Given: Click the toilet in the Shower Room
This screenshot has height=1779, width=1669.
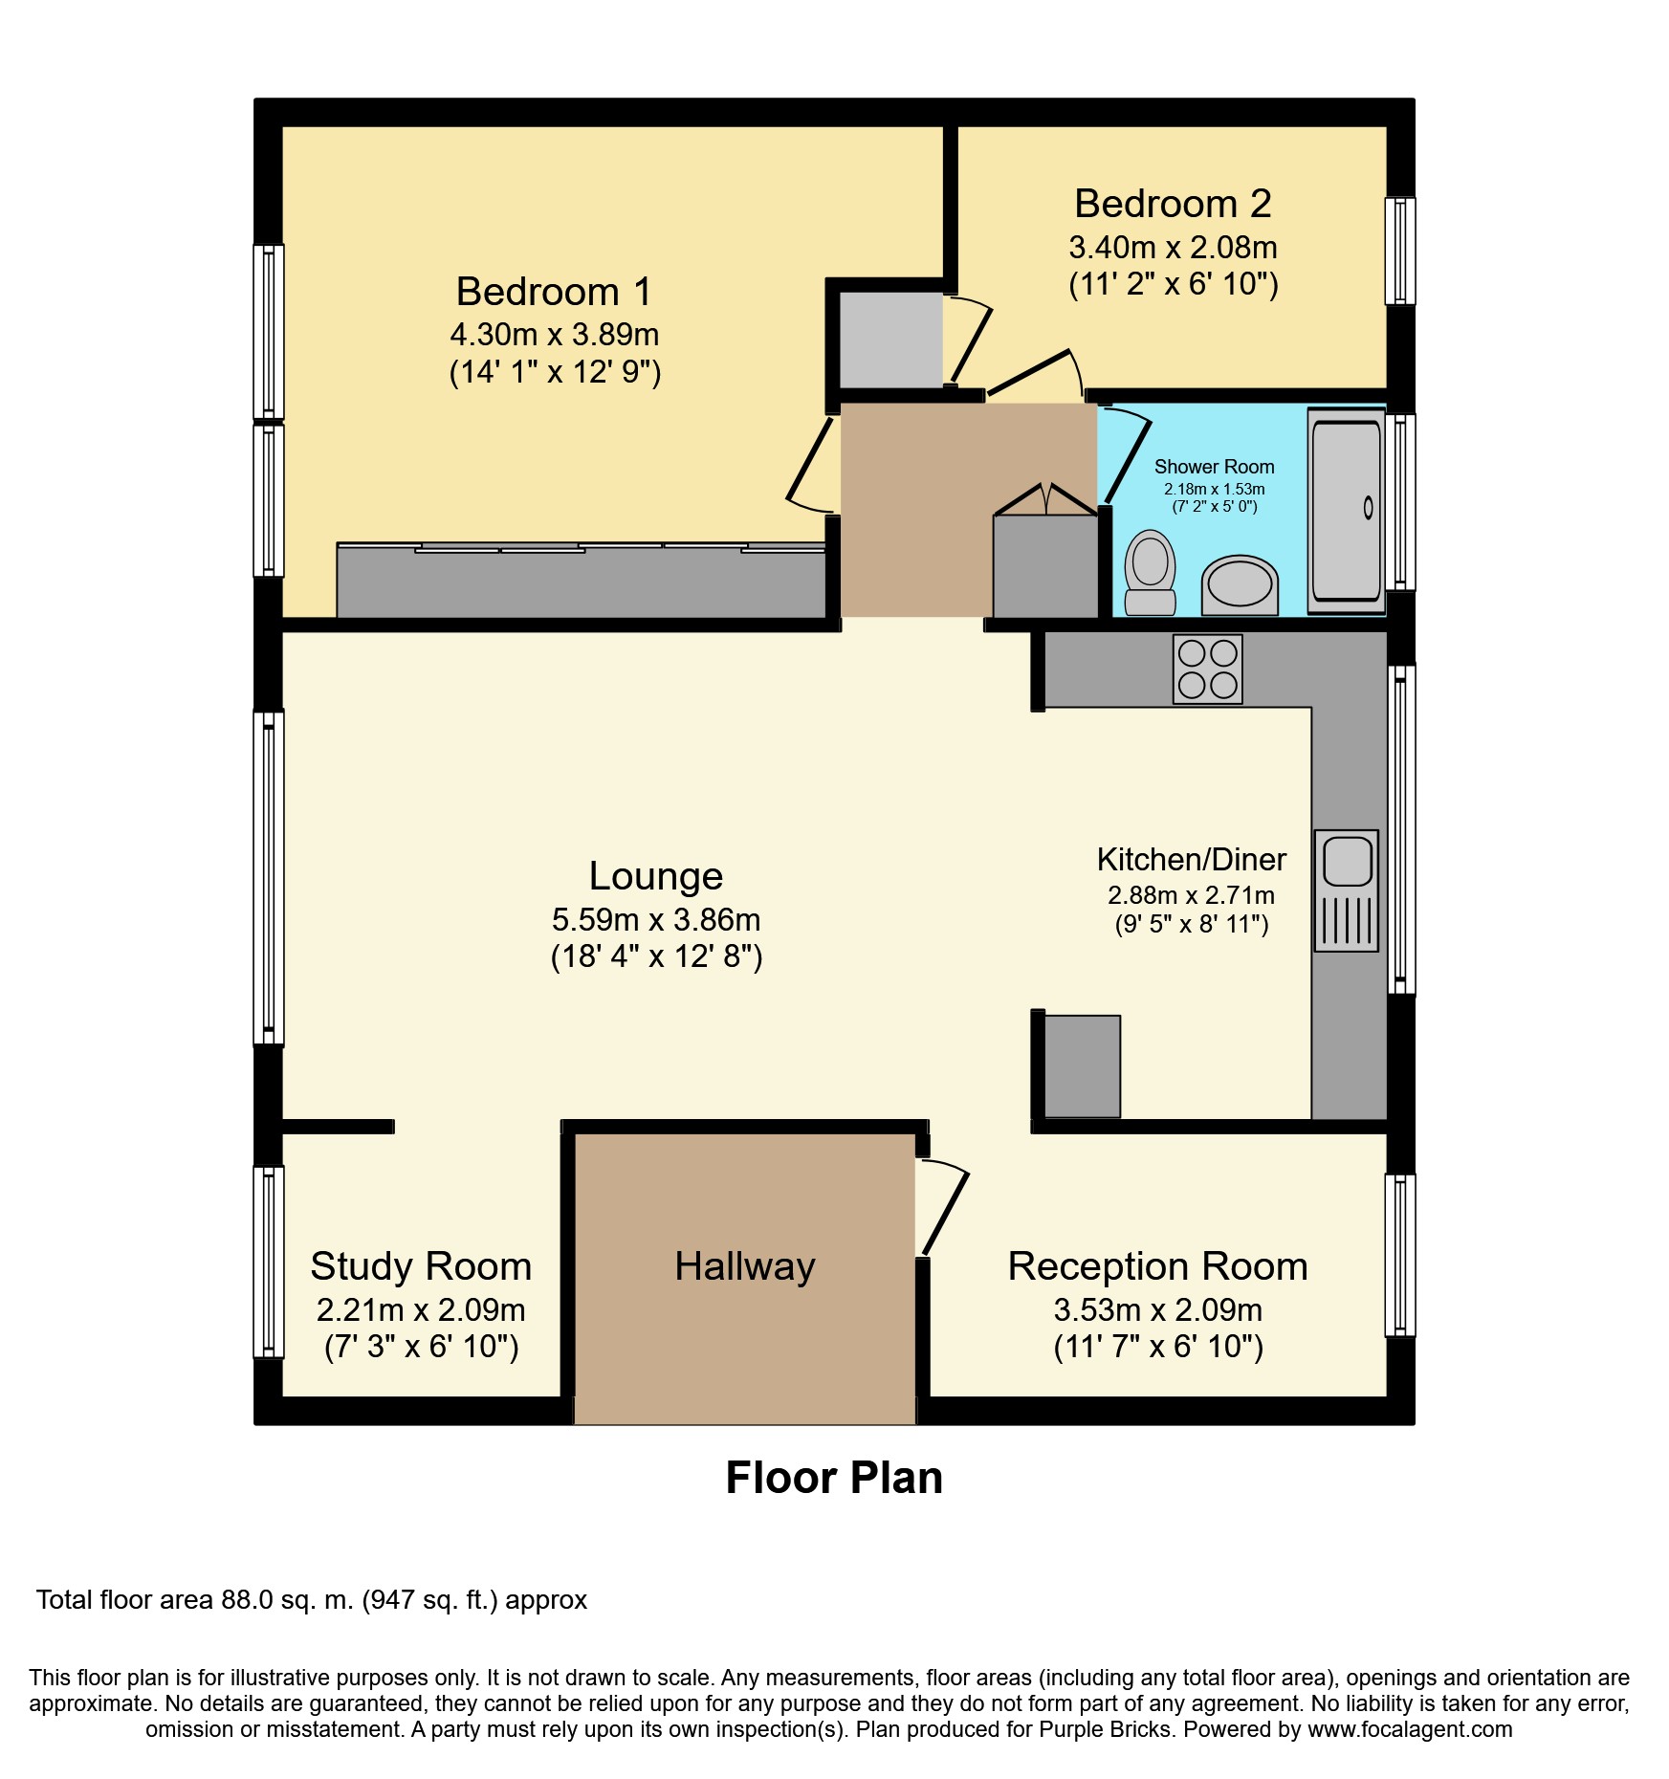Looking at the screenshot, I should pyautogui.click(x=1150, y=572).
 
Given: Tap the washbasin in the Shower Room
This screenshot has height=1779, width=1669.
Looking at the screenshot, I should pyautogui.click(x=1240, y=584).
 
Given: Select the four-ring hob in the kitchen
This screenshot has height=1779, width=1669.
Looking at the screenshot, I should pyautogui.click(x=1207, y=670).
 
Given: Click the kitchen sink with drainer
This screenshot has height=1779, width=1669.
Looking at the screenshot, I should pyautogui.click(x=1347, y=889).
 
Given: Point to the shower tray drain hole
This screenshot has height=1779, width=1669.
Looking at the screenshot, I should pyautogui.click(x=1368, y=508).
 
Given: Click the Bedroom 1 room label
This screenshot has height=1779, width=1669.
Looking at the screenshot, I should pyautogui.click(x=554, y=292).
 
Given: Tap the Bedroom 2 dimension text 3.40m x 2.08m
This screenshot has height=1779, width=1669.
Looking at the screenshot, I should pyautogui.click(x=1173, y=248).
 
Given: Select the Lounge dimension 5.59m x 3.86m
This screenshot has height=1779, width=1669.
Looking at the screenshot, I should pyautogui.click(x=656, y=920).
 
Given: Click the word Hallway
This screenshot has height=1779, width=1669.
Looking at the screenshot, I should pyautogui.click(x=744, y=1266).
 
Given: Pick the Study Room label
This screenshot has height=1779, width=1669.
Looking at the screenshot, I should pyautogui.click(x=421, y=1266).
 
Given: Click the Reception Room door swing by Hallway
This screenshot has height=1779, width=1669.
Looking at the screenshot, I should pyautogui.click(x=943, y=1207).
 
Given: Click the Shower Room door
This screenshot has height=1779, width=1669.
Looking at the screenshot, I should pyautogui.click(x=1127, y=453).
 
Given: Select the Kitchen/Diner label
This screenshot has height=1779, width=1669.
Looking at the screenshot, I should pyautogui.click(x=1191, y=859).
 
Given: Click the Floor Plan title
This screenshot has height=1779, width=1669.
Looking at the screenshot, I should pyautogui.click(x=834, y=1478).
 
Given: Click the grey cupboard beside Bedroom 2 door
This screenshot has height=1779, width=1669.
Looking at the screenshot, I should pyautogui.click(x=890, y=340).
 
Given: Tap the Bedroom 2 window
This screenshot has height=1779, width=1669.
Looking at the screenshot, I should pyautogui.click(x=1400, y=251).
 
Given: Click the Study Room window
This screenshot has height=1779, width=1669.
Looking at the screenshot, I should pyautogui.click(x=269, y=1262).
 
